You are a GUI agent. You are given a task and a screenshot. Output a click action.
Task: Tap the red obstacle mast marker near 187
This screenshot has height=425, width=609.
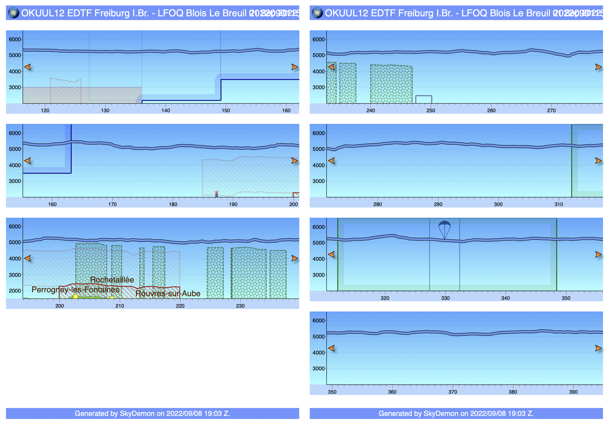click(217, 194)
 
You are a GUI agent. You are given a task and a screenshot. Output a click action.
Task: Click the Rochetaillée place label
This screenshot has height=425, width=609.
click(112, 280)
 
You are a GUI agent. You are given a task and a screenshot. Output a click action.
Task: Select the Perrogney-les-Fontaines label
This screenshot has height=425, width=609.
click(75, 290)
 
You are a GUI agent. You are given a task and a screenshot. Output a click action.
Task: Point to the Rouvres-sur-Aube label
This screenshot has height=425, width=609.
click(168, 294)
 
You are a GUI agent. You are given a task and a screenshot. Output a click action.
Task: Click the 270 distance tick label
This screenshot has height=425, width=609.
click(551, 110)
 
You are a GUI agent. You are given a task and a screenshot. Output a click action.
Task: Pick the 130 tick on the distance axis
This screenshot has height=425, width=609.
click(105, 110)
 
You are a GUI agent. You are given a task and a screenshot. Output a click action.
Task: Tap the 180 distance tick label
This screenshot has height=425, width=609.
click(173, 204)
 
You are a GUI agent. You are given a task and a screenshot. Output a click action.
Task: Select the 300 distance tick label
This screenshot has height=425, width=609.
click(498, 204)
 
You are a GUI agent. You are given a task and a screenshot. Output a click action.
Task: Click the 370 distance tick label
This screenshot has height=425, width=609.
click(453, 392)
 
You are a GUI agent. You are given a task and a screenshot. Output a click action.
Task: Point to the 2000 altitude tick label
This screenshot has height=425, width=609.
click(15, 291)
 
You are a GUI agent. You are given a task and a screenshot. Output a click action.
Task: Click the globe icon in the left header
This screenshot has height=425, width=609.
click(13, 13)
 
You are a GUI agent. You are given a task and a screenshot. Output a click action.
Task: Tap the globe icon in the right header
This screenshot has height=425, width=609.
click(317, 13)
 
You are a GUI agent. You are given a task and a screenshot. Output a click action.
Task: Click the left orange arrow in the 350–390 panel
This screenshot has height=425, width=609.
click(331, 348)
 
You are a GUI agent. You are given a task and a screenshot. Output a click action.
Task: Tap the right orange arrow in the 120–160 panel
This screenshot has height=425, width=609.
click(294, 67)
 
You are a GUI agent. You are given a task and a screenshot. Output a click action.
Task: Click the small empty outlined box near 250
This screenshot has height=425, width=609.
click(424, 99)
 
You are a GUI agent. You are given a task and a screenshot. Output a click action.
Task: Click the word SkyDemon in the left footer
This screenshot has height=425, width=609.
click(137, 414)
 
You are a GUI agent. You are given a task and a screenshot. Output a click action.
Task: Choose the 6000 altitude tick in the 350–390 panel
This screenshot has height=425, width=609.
click(318, 321)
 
